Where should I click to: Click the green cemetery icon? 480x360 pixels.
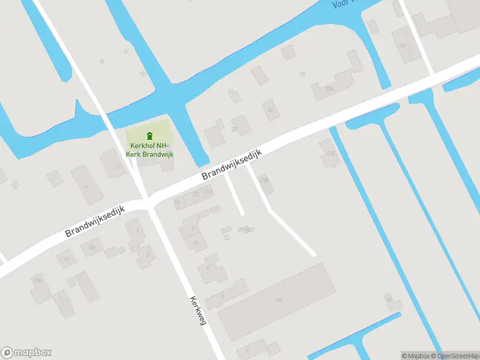click(x=149, y=135)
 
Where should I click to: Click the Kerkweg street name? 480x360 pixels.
click(x=198, y=310)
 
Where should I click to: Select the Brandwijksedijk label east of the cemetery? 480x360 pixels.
click(x=233, y=164)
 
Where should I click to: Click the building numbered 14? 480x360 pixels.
click(x=86, y=185)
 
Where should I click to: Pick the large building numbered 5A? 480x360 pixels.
click(x=278, y=299)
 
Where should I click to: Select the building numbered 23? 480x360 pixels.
click(x=270, y=110)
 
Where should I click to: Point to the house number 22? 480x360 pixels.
click(x=234, y=129)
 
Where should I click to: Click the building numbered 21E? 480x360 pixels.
click(x=330, y=154)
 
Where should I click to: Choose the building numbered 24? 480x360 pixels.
click(x=403, y=46)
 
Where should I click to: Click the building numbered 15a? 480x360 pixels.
click(x=92, y=247)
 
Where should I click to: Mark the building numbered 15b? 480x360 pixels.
click(x=38, y=281)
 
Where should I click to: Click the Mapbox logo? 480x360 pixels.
click(x=26, y=353)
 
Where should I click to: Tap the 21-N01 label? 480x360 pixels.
click(x=246, y=230)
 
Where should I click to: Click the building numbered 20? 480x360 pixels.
click(x=178, y=202)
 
